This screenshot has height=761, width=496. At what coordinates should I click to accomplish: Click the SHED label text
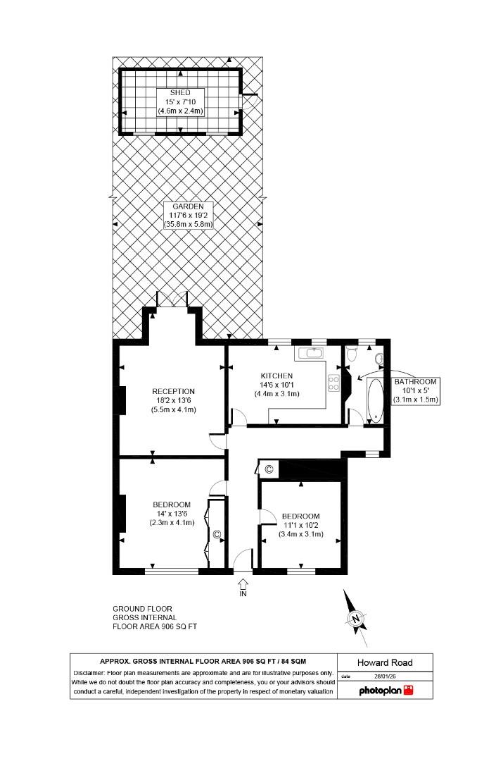pyautogui.click(x=179, y=93)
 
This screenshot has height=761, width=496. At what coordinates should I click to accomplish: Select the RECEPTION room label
pyautogui.click(x=173, y=391)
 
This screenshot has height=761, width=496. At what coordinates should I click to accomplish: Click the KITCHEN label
pyautogui.click(x=276, y=376)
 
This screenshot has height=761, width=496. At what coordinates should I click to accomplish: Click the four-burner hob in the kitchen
pyautogui.click(x=333, y=383)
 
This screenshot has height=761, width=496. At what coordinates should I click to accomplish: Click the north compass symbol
pyautogui.click(x=357, y=619)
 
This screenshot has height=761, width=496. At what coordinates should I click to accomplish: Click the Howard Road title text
pyautogui.click(x=384, y=662)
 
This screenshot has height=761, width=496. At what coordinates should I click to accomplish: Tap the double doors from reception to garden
pyautogui.click(x=172, y=298)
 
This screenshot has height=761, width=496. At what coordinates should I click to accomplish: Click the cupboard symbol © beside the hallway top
pyautogui.click(x=268, y=469)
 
